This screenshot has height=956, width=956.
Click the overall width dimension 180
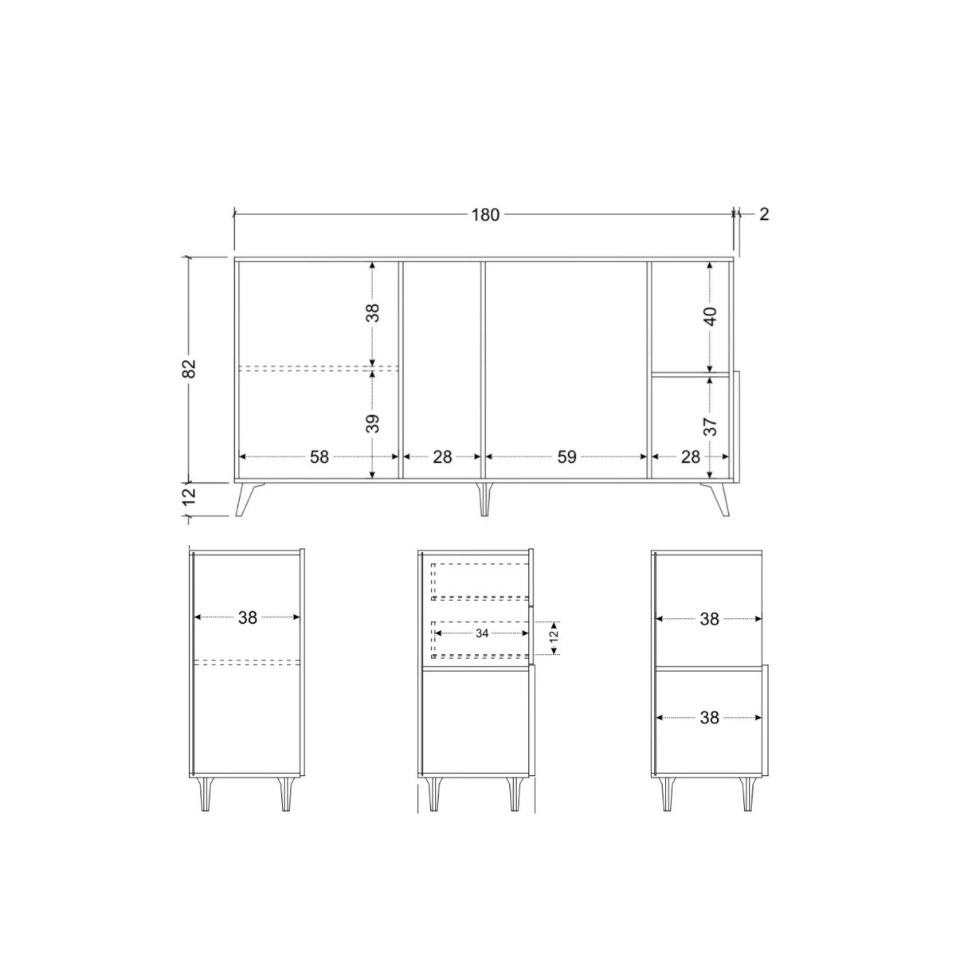click(x=485, y=215)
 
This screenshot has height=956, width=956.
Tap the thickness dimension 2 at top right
click(x=764, y=214)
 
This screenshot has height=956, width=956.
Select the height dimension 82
click(x=189, y=368)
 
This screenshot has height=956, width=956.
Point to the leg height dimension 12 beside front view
click(x=189, y=498)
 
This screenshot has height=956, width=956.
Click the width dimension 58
click(x=319, y=457)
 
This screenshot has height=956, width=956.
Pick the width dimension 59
click(x=566, y=457)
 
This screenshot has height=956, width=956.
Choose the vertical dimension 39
click(x=373, y=422)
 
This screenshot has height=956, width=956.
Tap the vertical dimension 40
click(x=711, y=315)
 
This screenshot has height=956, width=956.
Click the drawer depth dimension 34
click(x=482, y=633)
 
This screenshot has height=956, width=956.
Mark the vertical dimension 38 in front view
click(x=373, y=311)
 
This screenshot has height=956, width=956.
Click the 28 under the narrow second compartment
click(x=442, y=457)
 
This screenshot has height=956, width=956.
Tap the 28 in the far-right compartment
click(x=691, y=457)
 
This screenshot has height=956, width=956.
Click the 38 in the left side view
click(x=248, y=617)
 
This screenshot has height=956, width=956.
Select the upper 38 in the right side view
click(x=710, y=619)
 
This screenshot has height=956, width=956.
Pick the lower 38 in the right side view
click(x=710, y=718)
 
